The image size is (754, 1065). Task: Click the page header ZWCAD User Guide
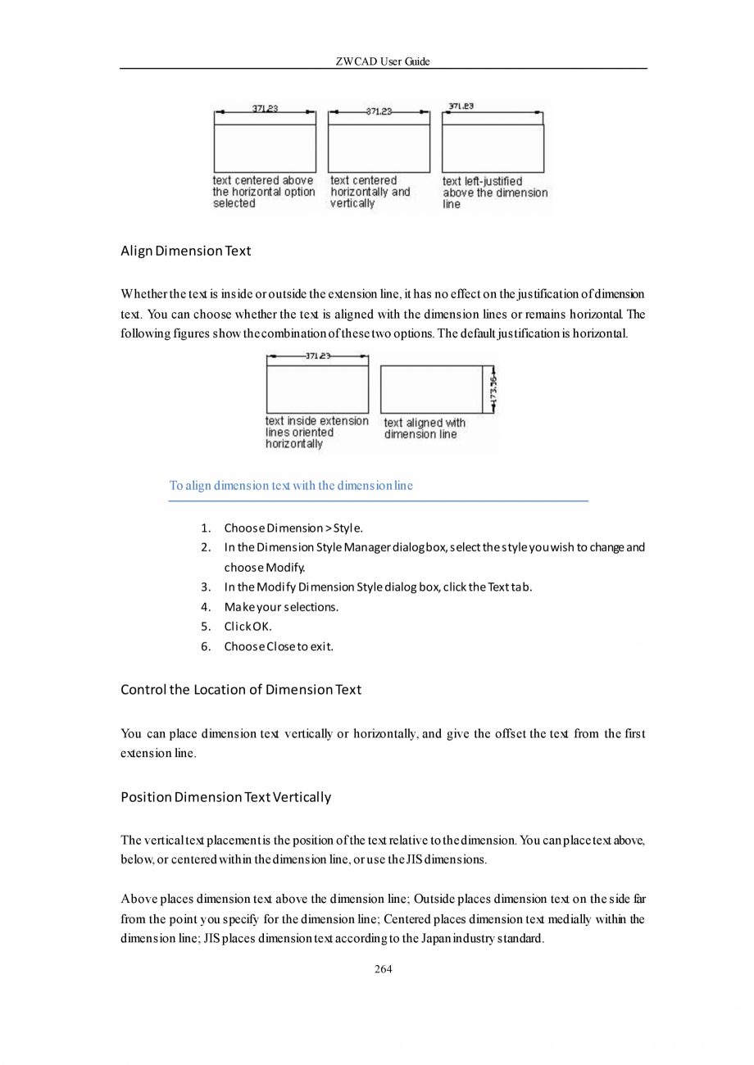click(383, 61)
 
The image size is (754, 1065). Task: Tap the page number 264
click(383, 969)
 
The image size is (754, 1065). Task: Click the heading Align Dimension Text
click(185, 251)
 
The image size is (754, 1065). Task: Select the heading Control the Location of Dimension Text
click(240, 689)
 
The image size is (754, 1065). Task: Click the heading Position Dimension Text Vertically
click(225, 797)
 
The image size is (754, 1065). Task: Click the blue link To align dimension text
click(291, 486)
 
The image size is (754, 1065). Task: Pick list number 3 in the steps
click(207, 587)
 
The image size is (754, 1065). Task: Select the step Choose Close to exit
click(279, 646)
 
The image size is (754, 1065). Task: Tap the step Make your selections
click(281, 607)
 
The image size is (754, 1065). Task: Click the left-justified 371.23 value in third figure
click(461, 106)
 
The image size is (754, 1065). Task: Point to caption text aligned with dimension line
click(424, 428)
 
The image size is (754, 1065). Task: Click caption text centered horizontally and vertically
click(370, 192)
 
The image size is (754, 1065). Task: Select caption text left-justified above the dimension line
click(494, 193)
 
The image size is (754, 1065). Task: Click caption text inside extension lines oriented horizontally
click(316, 432)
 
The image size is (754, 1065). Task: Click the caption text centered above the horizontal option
click(263, 192)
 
